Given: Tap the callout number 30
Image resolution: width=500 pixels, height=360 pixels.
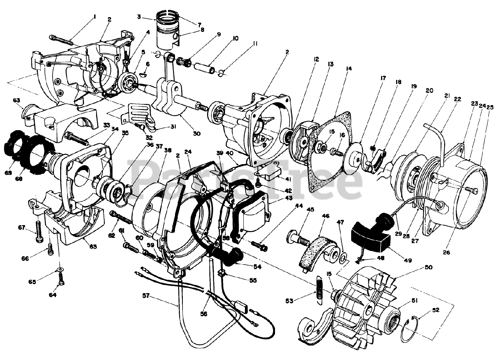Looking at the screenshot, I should pyautogui.click(x=196, y=134).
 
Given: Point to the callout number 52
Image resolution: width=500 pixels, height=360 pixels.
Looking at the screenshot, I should pyautogui.click(x=436, y=310).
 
